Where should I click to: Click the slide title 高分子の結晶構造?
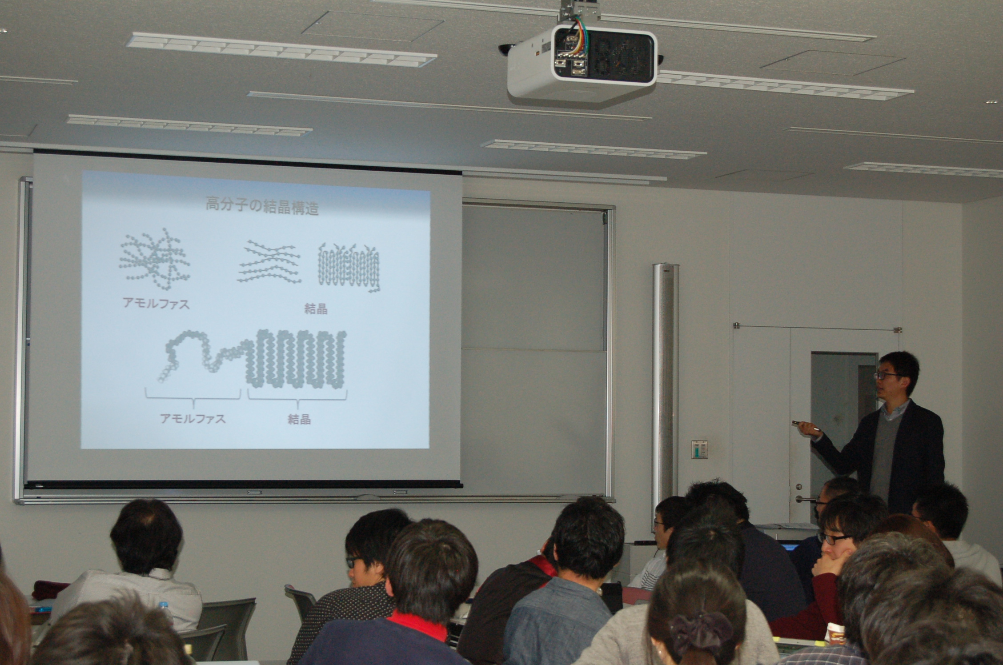click(x=262, y=207)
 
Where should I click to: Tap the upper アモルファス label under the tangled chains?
click(x=156, y=304)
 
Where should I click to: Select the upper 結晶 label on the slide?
click(x=316, y=309)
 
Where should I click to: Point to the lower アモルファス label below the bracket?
click(x=193, y=418)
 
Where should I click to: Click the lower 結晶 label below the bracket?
click(x=299, y=419)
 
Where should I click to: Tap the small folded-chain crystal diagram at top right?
click(x=349, y=267)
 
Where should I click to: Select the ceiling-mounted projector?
click(x=583, y=60)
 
